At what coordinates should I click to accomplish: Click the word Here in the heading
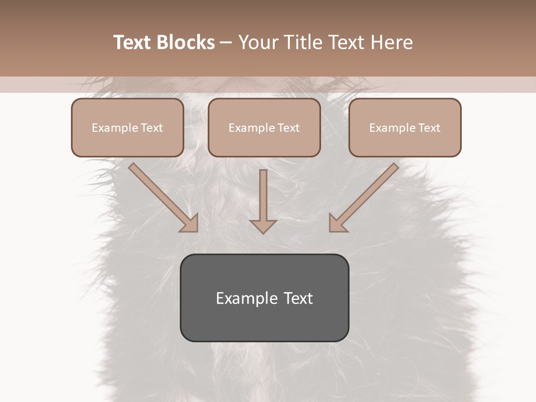(x=390, y=42)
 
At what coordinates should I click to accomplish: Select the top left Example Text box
(x=127, y=128)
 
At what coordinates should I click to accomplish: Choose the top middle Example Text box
(x=264, y=128)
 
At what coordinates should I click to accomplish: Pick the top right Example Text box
(x=405, y=128)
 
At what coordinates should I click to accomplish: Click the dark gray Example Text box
(x=264, y=298)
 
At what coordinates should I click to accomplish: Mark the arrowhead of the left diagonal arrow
(x=190, y=223)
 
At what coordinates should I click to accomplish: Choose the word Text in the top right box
(x=429, y=128)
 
